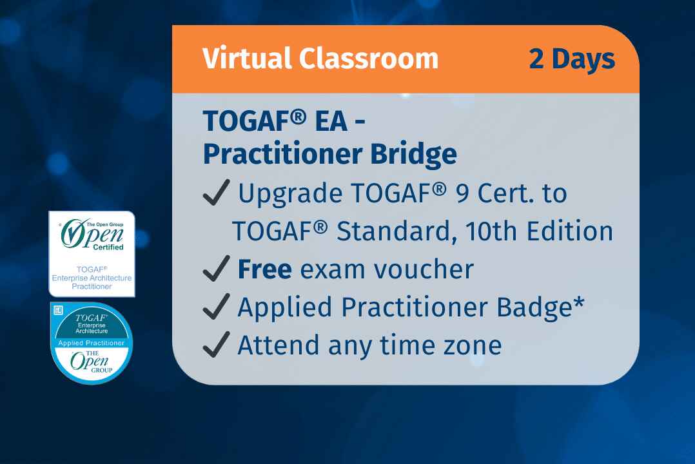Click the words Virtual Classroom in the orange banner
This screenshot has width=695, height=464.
click(x=320, y=59)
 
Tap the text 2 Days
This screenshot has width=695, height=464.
click(x=572, y=59)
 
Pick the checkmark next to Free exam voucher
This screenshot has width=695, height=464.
click(x=217, y=270)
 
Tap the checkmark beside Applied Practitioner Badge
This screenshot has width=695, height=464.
click(x=217, y=308)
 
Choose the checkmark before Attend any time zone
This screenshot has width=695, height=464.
click(x=217, y=346)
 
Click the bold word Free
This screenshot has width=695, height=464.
click(x=264, y=269)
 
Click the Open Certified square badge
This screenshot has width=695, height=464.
click(x=92, y=254)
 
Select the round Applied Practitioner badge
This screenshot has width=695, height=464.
click(x=92, y=343)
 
